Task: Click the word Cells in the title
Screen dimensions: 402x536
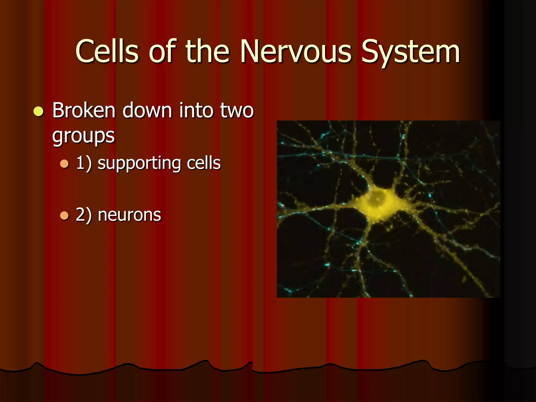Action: pos(107,51)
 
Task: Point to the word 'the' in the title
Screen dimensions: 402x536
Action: pos(207,51)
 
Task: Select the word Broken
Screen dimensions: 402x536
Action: pos(84,110)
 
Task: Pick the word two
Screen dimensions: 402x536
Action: pos(237,111)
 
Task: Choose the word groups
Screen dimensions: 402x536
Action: pos(83,136)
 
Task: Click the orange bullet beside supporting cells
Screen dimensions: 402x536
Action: pos(64,164)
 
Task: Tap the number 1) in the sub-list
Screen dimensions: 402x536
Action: pos(84,163)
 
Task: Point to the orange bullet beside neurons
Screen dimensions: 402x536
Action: pos(64,216)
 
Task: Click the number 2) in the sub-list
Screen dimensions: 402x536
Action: pos(84,215)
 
